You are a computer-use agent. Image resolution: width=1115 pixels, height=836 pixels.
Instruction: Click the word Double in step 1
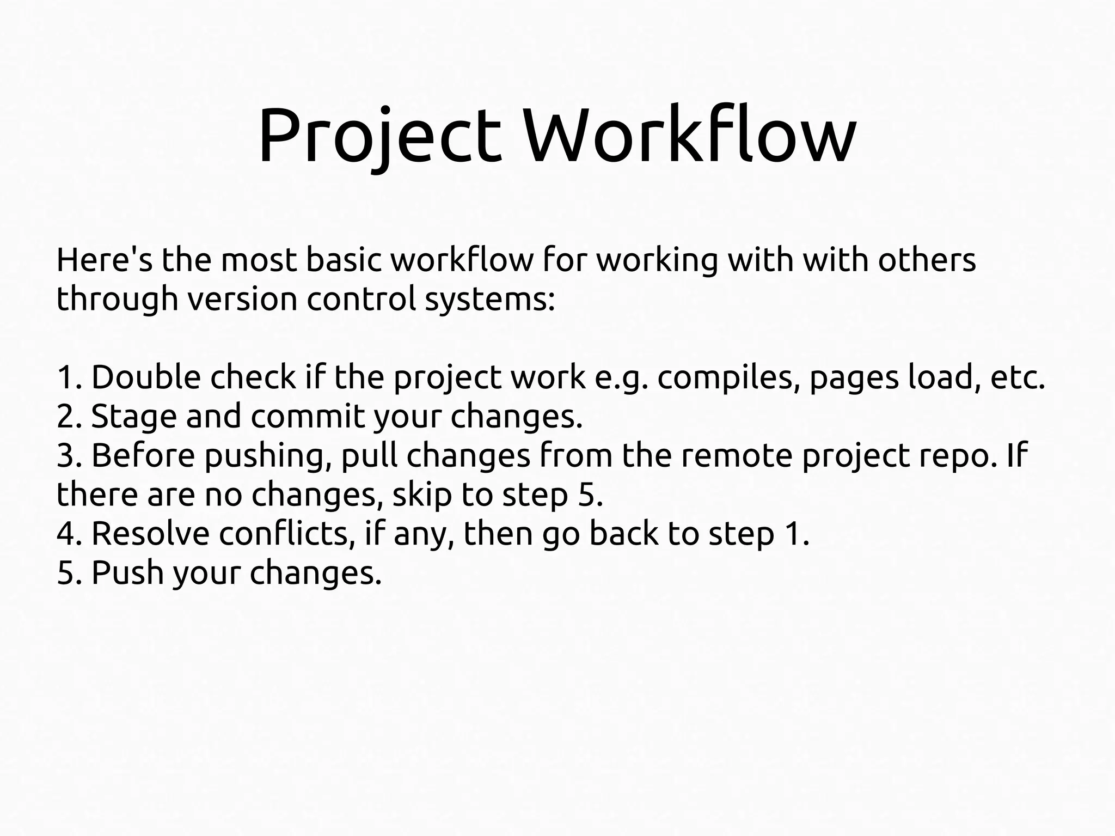tap(146, 377)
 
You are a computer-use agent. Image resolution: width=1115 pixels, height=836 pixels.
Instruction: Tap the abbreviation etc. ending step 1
tap(1018, 377)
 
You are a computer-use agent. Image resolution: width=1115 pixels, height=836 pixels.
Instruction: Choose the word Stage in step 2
tap(134, 417)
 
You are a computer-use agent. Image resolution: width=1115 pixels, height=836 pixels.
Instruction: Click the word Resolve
tap(150, 534)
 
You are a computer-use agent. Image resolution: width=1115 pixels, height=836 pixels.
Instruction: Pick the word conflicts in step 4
tap(283, 534)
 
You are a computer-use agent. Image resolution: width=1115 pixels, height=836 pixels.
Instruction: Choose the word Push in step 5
tap(127, 573)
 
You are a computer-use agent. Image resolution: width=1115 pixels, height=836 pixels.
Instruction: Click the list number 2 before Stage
tap(65, 417)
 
